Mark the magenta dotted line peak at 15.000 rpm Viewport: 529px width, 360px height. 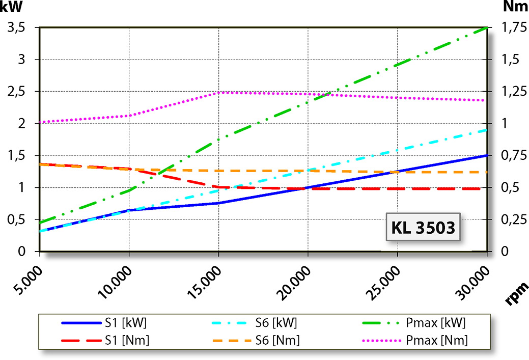(219, 92)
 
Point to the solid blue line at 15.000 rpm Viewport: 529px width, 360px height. (219, 203)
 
